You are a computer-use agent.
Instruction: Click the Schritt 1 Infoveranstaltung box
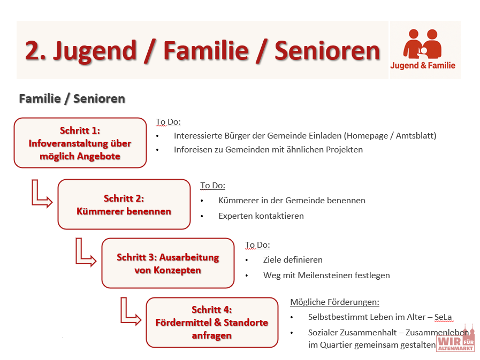coord(80,143)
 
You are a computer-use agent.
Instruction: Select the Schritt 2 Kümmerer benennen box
coord(124,204)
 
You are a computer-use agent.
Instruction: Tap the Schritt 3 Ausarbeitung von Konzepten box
coord(167,263)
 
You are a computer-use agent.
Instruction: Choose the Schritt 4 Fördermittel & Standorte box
coord(212,323)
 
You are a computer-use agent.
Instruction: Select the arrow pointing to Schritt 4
coord(130,312)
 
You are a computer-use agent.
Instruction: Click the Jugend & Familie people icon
coord(422,44)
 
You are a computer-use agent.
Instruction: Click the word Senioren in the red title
coord(327,50)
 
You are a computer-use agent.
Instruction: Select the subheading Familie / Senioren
coord(72,98)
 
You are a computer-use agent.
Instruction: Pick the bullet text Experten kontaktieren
coord(261,216)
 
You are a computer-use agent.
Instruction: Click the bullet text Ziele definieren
coord(293,260)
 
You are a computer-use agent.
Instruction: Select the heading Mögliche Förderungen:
coord(334,302)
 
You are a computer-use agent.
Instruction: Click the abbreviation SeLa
coord(443,317)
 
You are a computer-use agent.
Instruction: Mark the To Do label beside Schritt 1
coord(168,122)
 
